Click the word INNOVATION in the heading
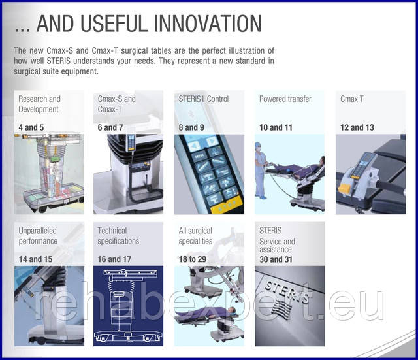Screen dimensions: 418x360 pyautogui.click(x=208, y=24)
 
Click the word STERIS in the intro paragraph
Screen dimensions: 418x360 pyautogui.click(x=58, y=61)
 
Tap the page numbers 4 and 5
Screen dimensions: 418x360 pyautogui.click(x=31, y=127)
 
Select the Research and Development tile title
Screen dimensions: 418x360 pyautogui.click(x=39, y=104)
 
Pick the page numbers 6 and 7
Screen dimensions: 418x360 pyautogui.click(x=110, y=127)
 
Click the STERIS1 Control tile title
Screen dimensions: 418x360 pyautogui.click(x=204, y=99)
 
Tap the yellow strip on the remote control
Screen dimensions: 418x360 pyautogui.click(x=227, y=205)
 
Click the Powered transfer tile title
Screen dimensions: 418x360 pyautogui.click(x=285, y=99)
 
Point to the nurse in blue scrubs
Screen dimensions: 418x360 pyautogui.click(x=260, y=171)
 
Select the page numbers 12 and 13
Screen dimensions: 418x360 pyautogui.click(x=357, y=127)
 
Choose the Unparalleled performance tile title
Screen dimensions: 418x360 pyautogui.click(x=38, y=236)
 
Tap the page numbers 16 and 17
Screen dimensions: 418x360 pyautogui.click(x=114, y=259)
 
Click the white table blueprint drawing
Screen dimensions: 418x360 pyautogui.click(x=128, y=306)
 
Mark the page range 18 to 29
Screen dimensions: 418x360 pyautogui.click(x=193, y=259)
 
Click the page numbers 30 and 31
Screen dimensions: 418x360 pyautogui.click(x=276, y=259)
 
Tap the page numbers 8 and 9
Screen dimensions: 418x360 pyautogui.click(x=191, y=127)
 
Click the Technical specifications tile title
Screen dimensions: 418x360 pyautogui.click(x=118, y=236)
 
